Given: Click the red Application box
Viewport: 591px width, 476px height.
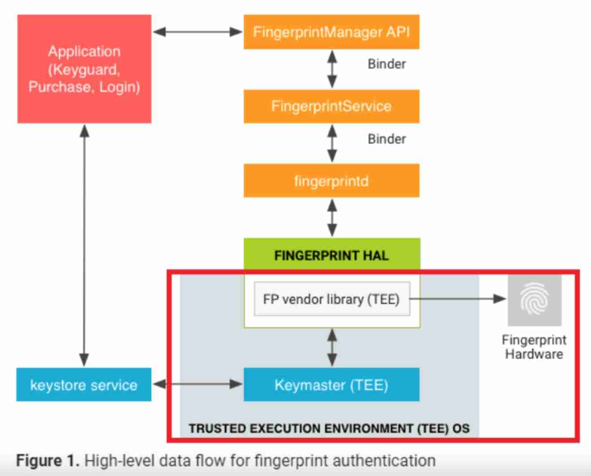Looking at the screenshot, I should [84, 69].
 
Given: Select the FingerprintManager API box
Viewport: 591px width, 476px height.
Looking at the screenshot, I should [331, 32].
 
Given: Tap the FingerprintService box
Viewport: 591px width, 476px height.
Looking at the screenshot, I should [331, 106].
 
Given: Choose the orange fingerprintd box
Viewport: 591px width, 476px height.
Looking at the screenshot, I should [331, 181].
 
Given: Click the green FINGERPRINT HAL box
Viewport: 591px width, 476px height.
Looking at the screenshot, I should [331, 255].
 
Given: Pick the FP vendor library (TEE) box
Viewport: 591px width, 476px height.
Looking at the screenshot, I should [331, 299].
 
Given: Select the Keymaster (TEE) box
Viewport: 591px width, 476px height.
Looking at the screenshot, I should [331, 385].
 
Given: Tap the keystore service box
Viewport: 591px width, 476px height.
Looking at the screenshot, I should [84, 385].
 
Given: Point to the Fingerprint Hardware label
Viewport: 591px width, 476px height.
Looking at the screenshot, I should [534, 347].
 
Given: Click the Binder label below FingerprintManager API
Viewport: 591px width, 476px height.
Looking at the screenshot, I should [386, 64].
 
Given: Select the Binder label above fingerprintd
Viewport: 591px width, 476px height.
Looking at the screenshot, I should [386, 139].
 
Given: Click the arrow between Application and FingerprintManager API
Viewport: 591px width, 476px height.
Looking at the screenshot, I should [197, 32].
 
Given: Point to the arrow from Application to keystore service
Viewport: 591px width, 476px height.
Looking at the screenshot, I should [84, 245].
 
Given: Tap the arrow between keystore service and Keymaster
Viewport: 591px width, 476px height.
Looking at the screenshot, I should [197, 384].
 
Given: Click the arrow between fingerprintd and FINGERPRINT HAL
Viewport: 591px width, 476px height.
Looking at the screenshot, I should [332, 217].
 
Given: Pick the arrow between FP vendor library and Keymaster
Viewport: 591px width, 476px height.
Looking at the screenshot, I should [332, 347].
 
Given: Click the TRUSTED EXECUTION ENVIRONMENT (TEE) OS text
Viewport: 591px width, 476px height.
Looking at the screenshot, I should [329, 429].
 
